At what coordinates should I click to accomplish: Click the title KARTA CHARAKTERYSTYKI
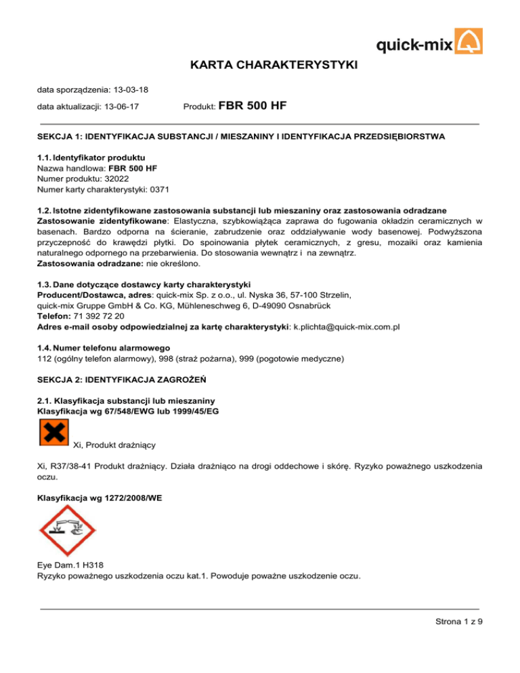[260, 65]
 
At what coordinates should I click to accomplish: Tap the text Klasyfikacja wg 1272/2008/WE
[99, 496]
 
